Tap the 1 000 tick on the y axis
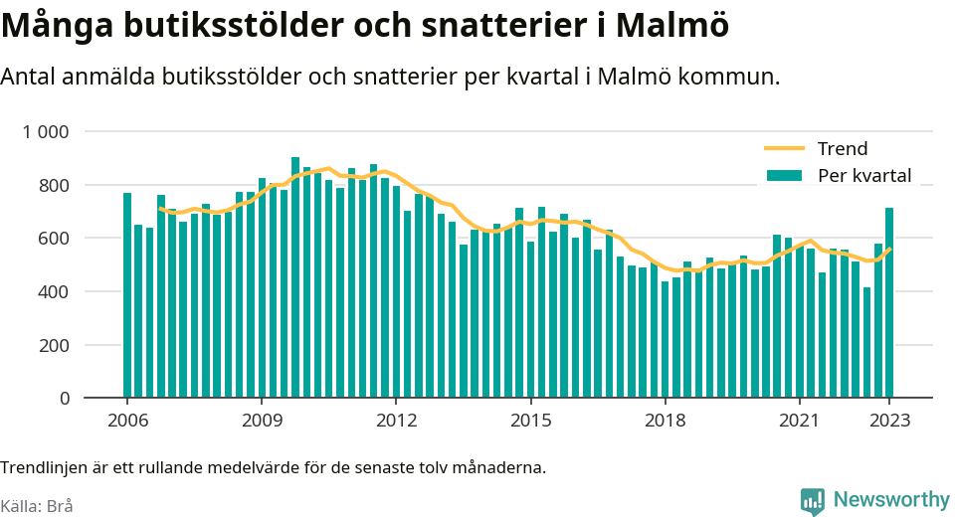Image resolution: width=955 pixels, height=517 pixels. pos(46,131)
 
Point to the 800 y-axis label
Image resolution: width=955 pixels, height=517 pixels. pos(55,185)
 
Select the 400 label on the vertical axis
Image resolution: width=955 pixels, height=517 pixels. pos(55,291)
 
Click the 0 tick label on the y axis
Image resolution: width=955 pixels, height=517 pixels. pos(65,399)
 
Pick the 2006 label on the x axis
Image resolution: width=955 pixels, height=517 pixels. pos(127,421)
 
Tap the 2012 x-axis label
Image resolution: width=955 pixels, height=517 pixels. pos(397,421)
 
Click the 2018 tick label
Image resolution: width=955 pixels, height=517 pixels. pos(666,421)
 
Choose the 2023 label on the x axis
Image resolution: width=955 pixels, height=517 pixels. pos(889,421)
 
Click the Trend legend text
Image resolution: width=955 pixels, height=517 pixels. pos(843,148)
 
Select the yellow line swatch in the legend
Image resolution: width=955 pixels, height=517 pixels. pos(785,148)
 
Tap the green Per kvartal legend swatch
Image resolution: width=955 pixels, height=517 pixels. pos(785,175)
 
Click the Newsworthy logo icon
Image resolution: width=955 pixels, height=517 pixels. pos(813,501)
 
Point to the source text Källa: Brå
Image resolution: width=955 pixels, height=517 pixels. pos(37,506)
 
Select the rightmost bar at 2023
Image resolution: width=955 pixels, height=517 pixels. pos(889,302)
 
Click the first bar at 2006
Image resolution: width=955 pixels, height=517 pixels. pos(127,295)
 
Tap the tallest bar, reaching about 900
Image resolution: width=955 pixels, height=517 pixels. pos(295,277)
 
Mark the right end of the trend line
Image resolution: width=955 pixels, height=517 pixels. pos(890,249)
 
